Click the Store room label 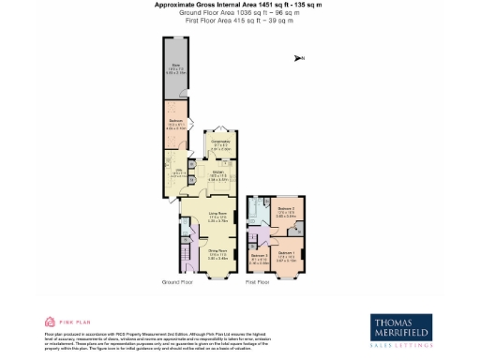point(175,67)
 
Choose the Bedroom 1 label point(287,252)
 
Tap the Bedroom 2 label point(286,213)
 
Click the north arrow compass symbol point(299,59)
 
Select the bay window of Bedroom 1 point(288,272)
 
